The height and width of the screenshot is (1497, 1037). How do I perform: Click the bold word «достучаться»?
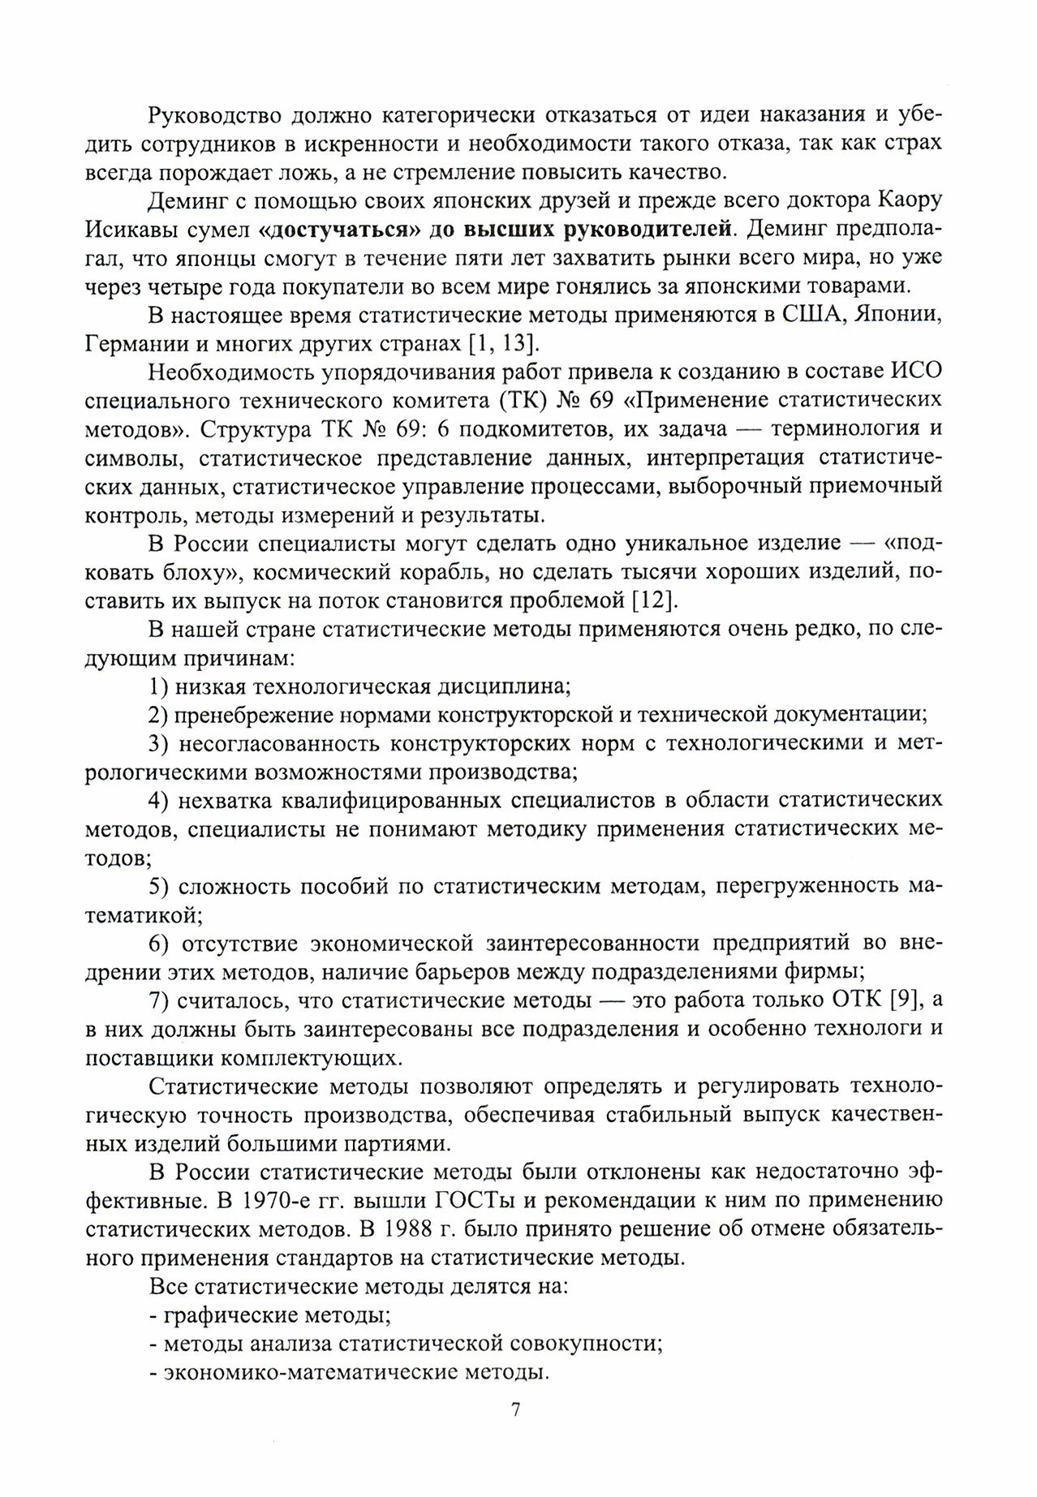click(x=331, y=230)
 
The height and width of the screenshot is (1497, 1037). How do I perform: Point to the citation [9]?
click(x=903, y=1000)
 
